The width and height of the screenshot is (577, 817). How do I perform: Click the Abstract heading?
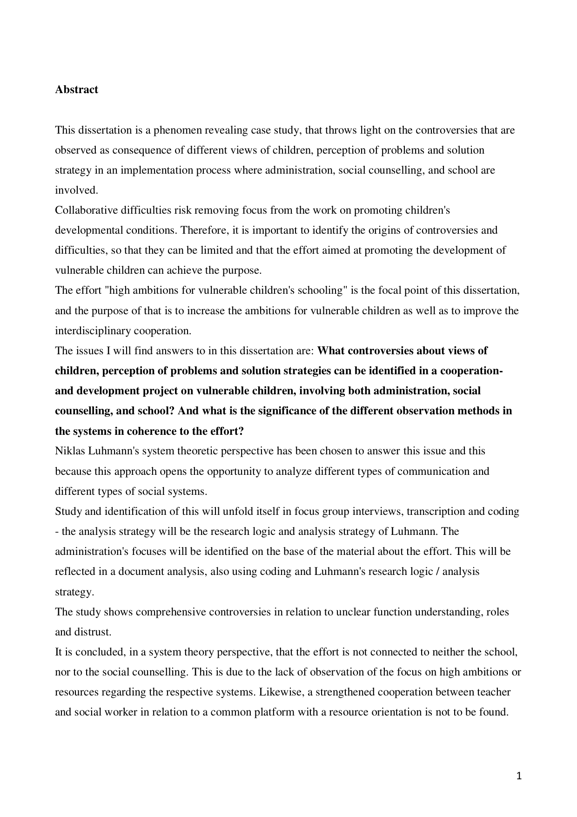pyautogui.click(x=76, y=89)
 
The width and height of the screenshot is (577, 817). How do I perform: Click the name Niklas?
pyautogui.click(x=69, y=451)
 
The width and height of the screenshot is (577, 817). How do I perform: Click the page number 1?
pyautogui.click(x=520, y=776)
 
